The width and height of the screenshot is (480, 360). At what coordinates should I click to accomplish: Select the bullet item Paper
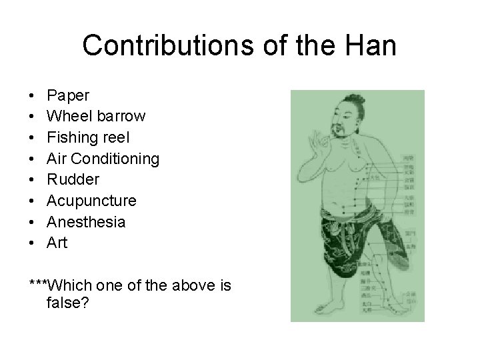(x=68, y=95)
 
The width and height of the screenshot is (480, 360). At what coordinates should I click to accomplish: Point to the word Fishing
(x=72, y=137)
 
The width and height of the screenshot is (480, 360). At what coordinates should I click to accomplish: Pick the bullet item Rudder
(x=73, y=179)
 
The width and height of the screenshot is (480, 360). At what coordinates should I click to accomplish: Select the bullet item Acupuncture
(x=91, y=201)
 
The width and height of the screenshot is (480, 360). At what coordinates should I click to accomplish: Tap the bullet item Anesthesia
(x=85, y=222)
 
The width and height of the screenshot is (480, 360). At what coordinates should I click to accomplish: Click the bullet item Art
(x=57, y=243)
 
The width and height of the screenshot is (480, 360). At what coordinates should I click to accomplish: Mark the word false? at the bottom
(x=68, y=303)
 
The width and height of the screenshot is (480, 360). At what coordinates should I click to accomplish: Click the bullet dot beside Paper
(x=32, y=95)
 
